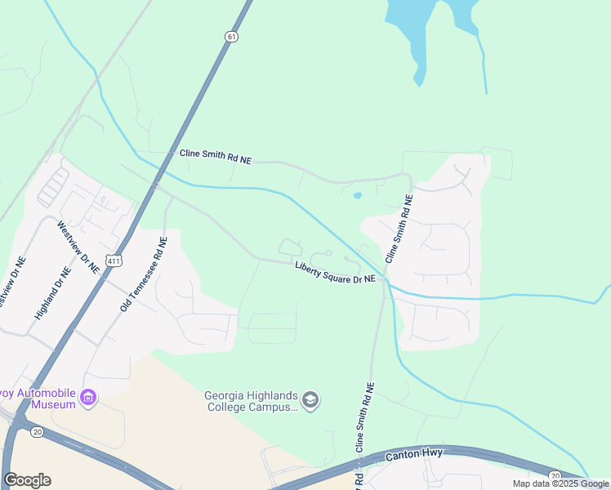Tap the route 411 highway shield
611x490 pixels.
click(114, 261)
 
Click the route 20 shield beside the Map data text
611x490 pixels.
click(555, 476)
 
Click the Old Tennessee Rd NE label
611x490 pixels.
click(143, 274)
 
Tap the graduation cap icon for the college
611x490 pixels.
click(310, 400)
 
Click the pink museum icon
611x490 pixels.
click(88, 399)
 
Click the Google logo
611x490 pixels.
click(26, 480)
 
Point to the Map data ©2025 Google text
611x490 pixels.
click(561, 483)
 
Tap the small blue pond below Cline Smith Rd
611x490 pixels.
click(357, 196)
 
